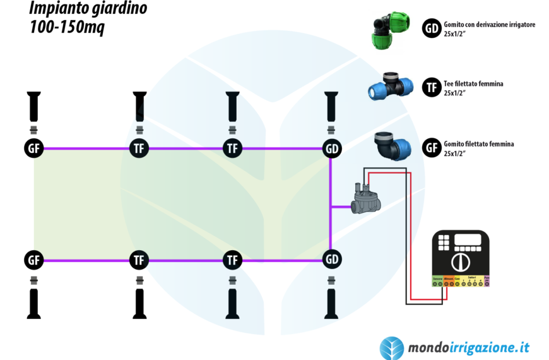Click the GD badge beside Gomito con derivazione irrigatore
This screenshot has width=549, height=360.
[x=432, y=28]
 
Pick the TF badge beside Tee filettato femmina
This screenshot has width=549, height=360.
[x=432, y=88]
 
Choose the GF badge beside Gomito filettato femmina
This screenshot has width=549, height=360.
[x=432, y=148]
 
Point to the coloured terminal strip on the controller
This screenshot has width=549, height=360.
[x=460, y=281]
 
